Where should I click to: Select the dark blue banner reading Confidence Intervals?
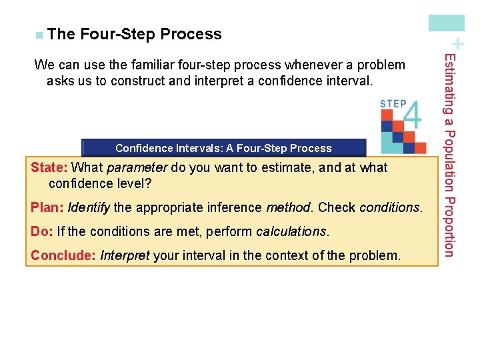coord(223,148)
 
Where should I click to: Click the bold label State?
coord(49,167)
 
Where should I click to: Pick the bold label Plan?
coord(47,207)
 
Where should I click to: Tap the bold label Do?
coord(42,232)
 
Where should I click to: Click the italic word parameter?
coord(137,167)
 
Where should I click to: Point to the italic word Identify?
coord(89,207)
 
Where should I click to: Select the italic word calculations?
coord(291,232)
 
